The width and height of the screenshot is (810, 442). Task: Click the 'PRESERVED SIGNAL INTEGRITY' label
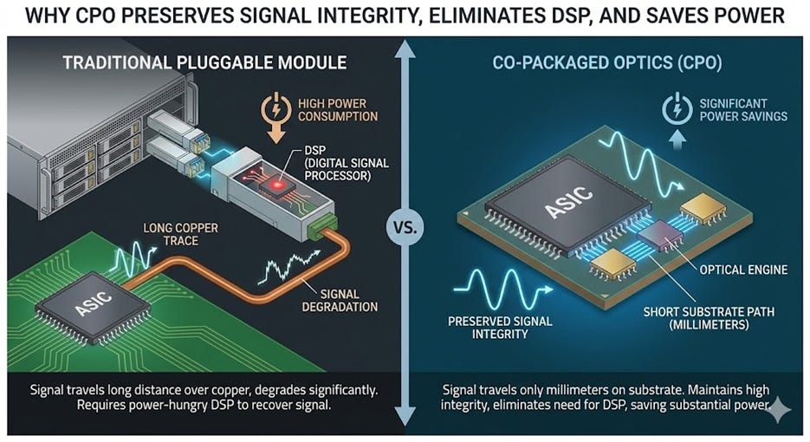488,328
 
